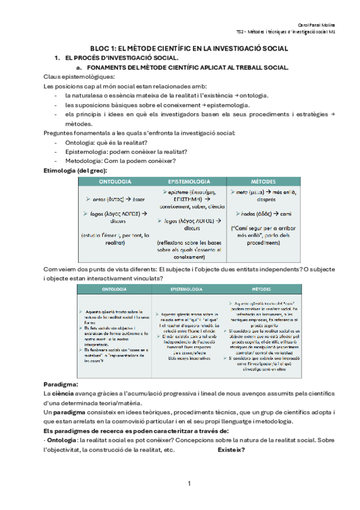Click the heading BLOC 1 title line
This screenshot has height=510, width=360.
point(189,48)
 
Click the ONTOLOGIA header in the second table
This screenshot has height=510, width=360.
point(114,289)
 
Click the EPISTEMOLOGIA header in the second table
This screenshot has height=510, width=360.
point(189,289)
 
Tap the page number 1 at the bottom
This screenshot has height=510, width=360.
point(189,484)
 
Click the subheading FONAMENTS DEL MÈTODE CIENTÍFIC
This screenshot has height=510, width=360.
point(189,67)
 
